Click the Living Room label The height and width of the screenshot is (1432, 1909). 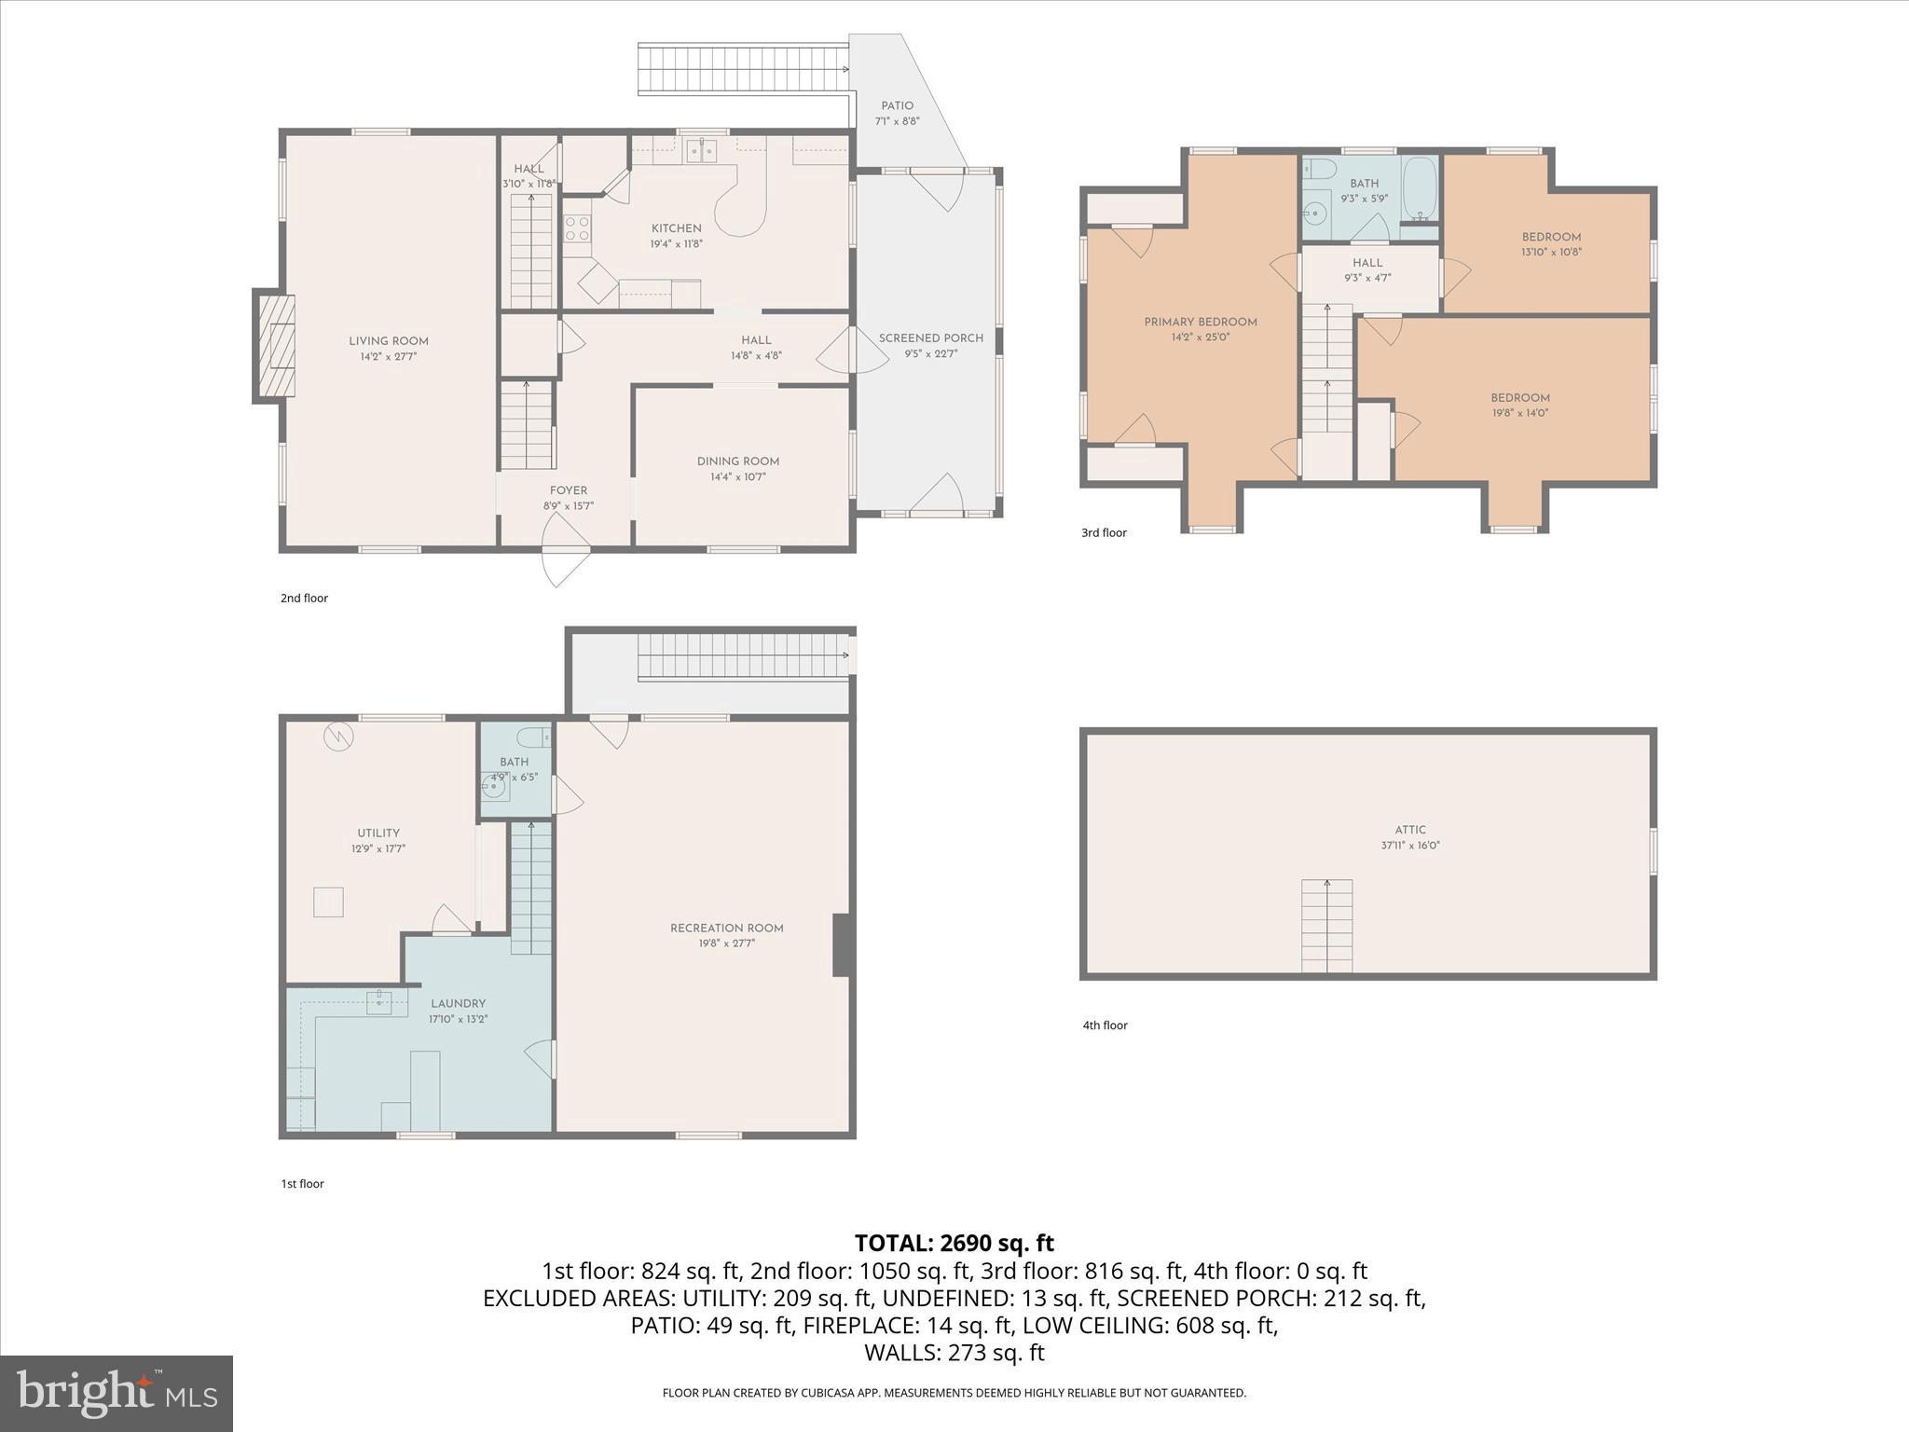coord(389,341)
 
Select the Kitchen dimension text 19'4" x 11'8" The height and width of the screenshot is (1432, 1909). coord(676,244)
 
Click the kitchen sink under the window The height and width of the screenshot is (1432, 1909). coord(701,150)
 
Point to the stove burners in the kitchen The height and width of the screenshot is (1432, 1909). coord(577,228)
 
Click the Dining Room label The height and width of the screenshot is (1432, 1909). coord(737,461)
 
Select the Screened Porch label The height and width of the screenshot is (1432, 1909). coord(930,338)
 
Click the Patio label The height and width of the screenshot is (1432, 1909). coord(897,106)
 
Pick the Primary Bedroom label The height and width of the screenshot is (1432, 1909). coord(1201,323)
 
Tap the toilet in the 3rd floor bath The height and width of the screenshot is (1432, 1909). coord(1317,170)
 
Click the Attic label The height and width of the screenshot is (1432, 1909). coord(1410,830)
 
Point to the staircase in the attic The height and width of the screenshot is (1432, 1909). coord(1326,925)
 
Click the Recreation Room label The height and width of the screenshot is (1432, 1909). coord(726,929)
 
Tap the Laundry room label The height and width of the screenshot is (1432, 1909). coord(458,1004)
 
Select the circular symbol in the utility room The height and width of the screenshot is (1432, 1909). coord(337,737)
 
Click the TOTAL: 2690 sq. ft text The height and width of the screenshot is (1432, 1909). coord(954,1243)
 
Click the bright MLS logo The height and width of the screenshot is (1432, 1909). coord(117,1393)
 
